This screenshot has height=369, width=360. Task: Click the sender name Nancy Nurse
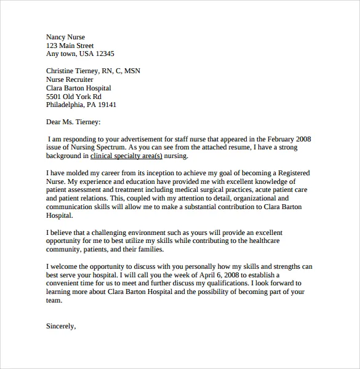(66, 37)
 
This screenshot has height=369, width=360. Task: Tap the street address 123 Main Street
(70, 46)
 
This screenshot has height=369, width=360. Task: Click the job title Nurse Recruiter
(70, 79)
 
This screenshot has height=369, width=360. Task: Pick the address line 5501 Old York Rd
(74, 97)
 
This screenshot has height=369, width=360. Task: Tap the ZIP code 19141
(106, 105)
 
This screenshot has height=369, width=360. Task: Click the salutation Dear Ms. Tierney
(73, 122)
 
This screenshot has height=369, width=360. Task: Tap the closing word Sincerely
(60, 327)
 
